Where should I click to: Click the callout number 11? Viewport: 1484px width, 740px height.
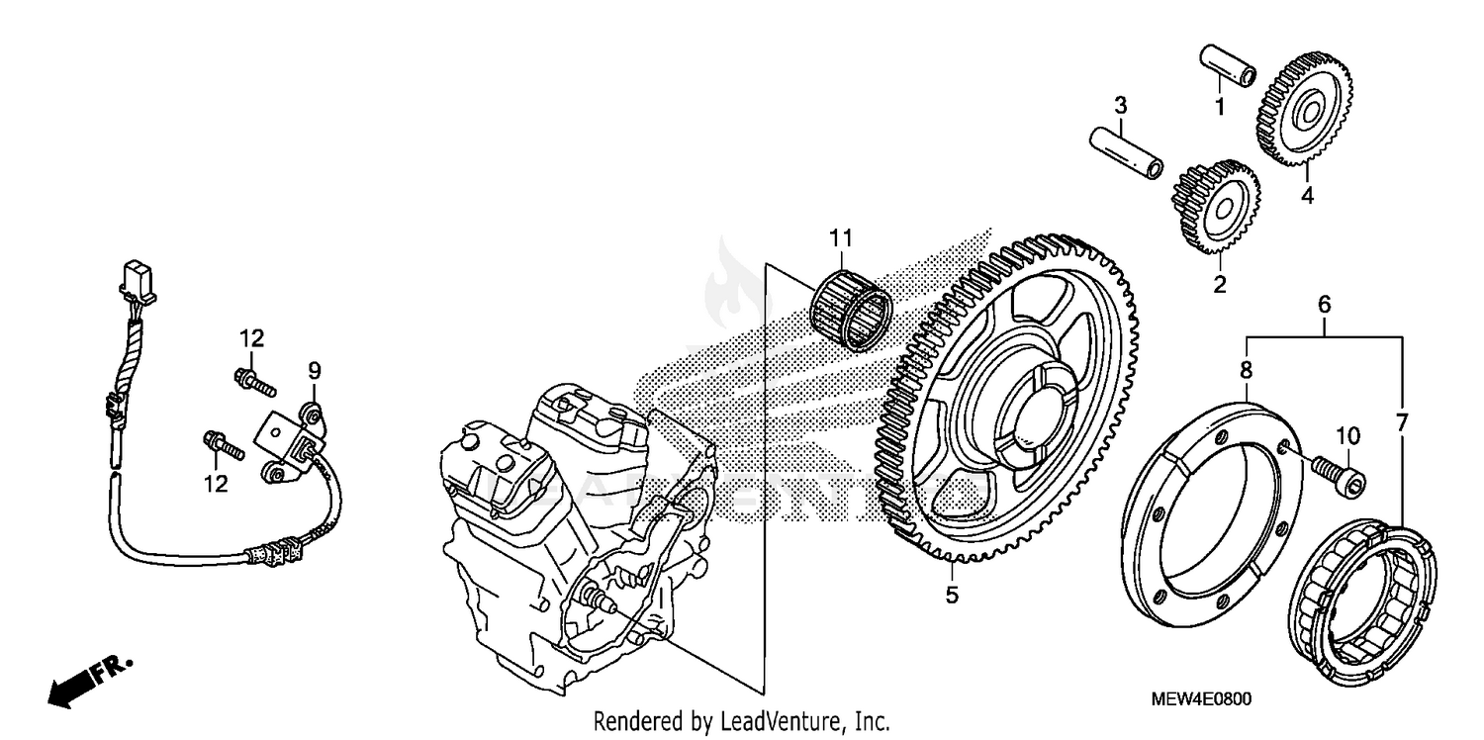coord(840,237)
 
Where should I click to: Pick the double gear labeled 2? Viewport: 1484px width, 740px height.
coord(1216,209)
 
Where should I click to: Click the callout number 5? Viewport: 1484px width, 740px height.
coord(952,596)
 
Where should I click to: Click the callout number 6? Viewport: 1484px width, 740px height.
coord(1324,305)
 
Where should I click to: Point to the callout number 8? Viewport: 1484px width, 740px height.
coord(1247,370)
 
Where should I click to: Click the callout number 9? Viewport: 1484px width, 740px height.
coord(314,370)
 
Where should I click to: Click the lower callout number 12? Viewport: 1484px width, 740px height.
coord(216,485)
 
